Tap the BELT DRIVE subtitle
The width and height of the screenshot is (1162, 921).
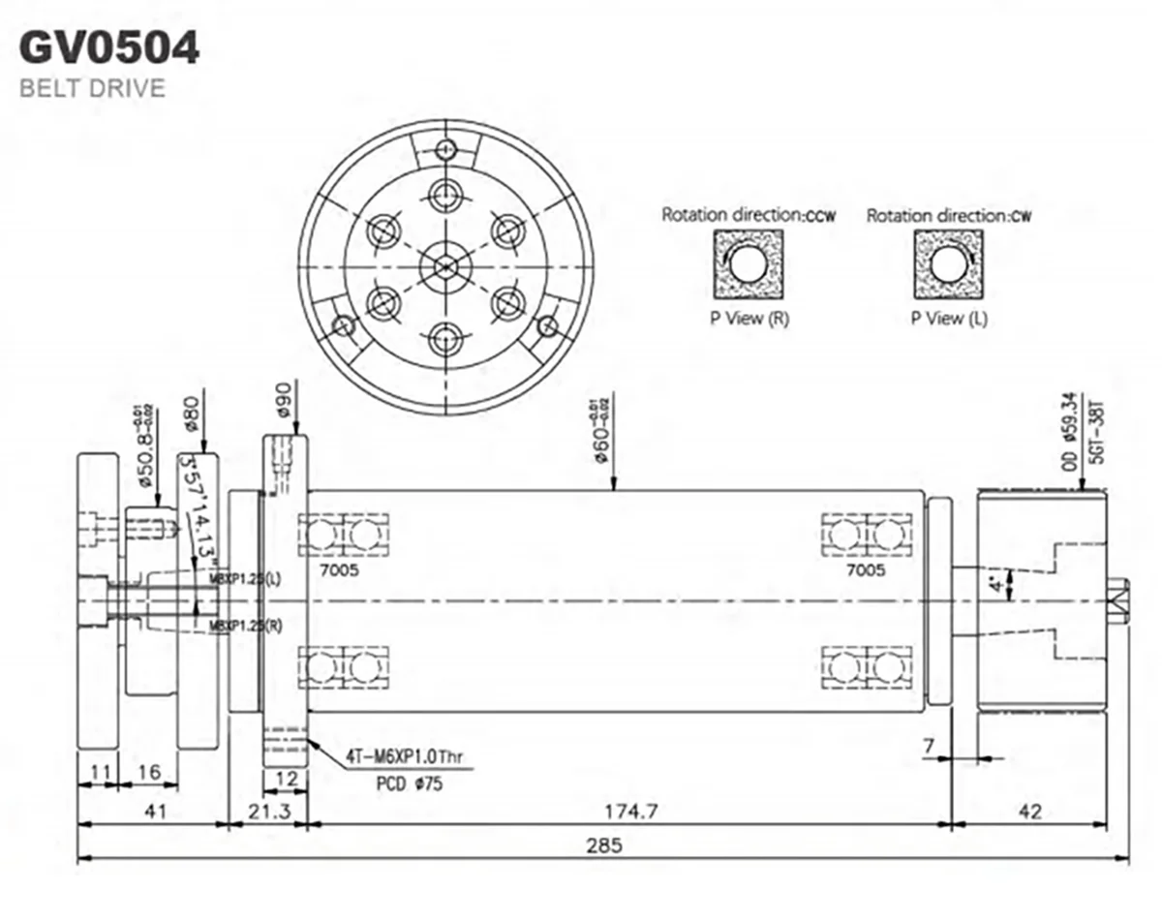[92, 89]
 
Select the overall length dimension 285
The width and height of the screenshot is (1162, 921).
[603, 844]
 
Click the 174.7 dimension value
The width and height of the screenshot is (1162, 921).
[632, 812]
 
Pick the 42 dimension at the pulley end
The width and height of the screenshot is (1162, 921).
[1030, 812]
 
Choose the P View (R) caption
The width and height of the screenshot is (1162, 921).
[749, 319]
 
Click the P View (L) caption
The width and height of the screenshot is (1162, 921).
[949, 319]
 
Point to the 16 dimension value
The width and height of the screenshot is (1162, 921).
[148, 772]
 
